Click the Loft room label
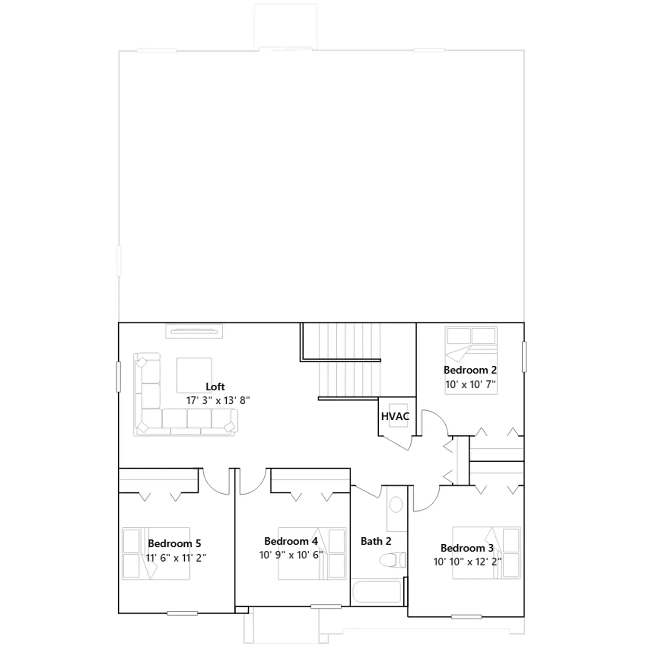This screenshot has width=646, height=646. coord(215,386)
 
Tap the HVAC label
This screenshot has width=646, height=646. coord(395,416)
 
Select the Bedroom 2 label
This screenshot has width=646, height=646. coord(470,370)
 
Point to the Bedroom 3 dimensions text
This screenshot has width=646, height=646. coord(468,562)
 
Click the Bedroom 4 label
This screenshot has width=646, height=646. coord(291,541)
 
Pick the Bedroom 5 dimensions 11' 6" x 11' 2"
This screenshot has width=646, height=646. coord(176,558)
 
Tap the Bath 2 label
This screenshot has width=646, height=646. coord(376,541)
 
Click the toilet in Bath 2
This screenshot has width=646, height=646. coord(393,560)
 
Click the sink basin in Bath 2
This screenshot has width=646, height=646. coord(396,505)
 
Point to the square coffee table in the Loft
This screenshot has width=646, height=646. coord(194,375)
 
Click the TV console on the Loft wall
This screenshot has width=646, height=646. coord(194,331)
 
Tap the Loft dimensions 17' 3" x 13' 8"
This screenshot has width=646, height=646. coord(218,401)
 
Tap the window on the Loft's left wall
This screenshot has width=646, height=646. coord(118,377)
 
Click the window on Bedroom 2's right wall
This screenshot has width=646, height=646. coord(524,357)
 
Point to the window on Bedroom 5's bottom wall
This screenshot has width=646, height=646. coord(182,613)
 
